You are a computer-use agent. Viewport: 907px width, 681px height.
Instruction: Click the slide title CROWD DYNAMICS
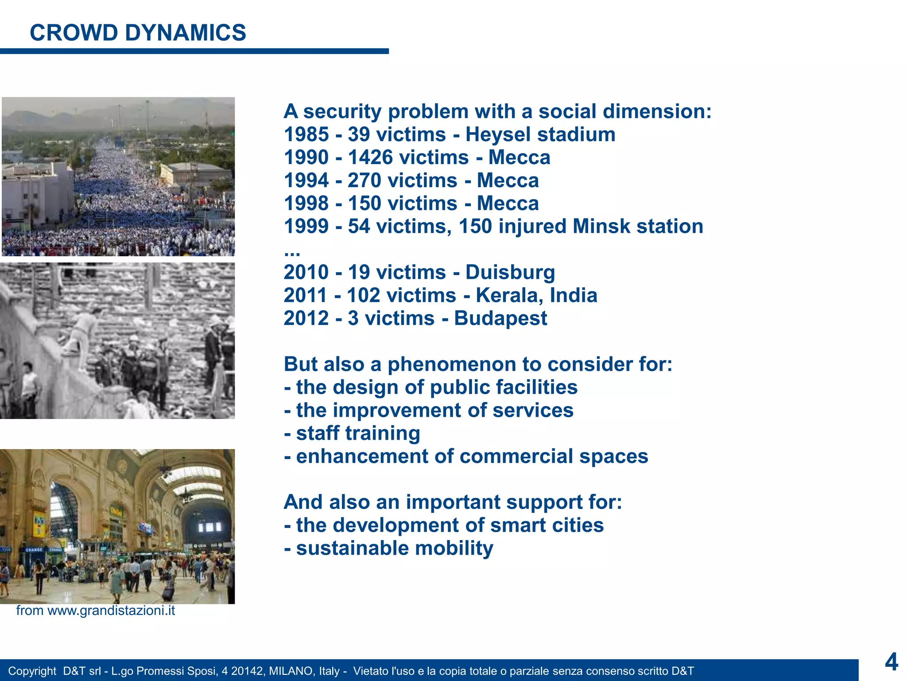coord(138,33)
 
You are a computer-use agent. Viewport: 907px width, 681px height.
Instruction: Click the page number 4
coord(891,662)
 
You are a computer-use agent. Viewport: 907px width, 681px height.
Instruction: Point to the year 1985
coord(306,135)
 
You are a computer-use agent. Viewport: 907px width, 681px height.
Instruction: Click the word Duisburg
coord(510,272)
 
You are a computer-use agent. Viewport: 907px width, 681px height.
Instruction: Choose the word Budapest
coord(500,318)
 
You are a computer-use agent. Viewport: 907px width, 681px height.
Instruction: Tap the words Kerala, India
coord(536,295)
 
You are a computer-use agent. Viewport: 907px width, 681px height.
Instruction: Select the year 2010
coord(306,272)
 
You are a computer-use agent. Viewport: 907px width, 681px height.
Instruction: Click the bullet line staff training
coord(352,433)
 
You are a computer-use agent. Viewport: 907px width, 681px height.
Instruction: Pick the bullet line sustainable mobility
coord(388,548)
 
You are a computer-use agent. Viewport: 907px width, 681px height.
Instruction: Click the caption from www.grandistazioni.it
coord(95,611)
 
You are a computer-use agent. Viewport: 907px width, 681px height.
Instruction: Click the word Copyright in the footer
coord(32,671)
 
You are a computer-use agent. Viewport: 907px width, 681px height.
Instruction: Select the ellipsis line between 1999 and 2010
coord(292,251)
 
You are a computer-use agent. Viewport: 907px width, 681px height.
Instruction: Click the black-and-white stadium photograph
coord(117,340)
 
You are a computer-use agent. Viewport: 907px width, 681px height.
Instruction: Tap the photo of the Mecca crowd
coord(118,176)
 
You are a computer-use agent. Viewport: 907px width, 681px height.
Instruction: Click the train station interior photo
coord(117,526)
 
